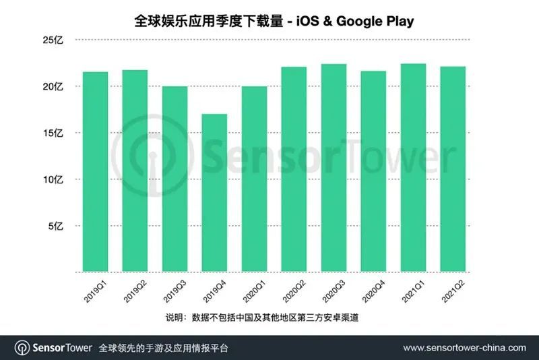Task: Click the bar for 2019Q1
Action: click(95, 172)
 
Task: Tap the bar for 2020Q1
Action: click(254, 179)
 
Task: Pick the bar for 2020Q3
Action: click(334, 168)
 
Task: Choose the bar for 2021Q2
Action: click(453, 169)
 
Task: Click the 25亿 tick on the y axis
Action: click(53, 40)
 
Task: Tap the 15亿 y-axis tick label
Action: click(53, 133)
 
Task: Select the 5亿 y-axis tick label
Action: click(55, 226)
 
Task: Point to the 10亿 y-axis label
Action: click(53, 179)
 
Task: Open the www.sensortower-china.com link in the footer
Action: click(464, 348)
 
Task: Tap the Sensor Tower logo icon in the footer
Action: click(22, 348)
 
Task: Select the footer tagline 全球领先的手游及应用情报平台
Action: click(164, 348)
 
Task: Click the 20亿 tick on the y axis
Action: click(53, 86)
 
